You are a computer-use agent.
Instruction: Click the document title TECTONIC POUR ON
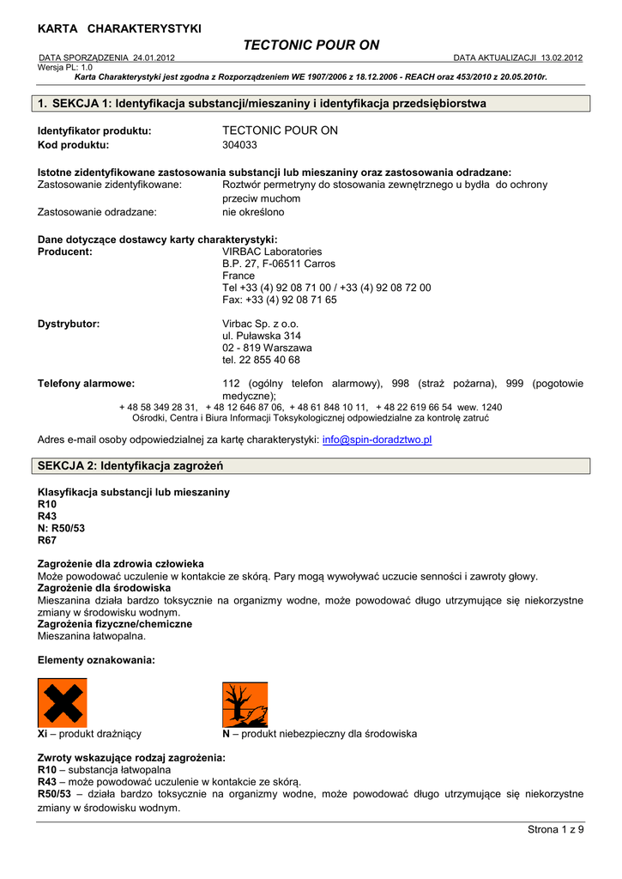point(311,45)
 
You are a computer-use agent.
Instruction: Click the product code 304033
point(239,145)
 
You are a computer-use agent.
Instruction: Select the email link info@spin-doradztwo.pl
point(377,439)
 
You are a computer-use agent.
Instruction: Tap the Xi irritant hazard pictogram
point(62,703)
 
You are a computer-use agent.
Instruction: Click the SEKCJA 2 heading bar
point(311,466)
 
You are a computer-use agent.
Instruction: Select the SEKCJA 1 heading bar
point(311,104)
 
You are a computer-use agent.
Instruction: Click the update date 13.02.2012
point(561,58)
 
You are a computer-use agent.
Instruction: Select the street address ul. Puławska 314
point(262,336)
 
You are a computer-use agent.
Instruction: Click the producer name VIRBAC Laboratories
point(272,252)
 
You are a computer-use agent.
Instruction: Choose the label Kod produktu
point(74,145)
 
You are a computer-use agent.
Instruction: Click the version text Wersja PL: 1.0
point(65,67)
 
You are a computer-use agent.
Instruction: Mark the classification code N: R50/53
point(61,529)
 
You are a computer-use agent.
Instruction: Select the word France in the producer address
point(239,276)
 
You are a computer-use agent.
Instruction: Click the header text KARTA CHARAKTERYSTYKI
point(119,28)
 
